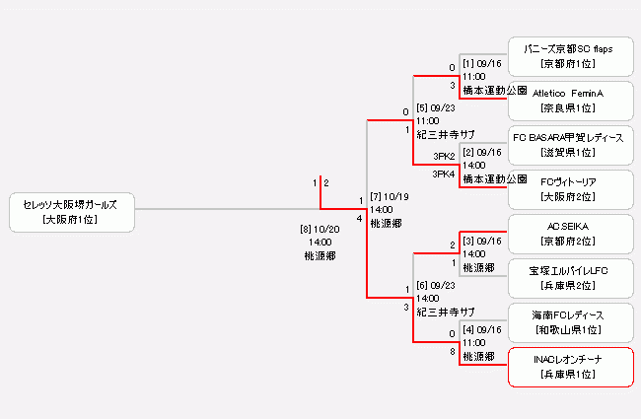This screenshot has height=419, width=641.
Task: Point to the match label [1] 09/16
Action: click(482, 64)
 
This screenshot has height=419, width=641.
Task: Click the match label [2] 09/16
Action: click(482, 154)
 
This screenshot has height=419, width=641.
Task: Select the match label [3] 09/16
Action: click(482, 242)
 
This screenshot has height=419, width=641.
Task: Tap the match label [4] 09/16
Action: click(482, 330)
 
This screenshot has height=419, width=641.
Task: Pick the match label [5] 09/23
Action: click(436, 108)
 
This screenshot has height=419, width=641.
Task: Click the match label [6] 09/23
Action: click(436, 286)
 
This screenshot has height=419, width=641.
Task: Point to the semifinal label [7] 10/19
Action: click(389, 197)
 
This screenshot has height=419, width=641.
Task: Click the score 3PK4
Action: click(444, 175)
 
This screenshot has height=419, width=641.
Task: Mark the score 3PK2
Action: click(444, 156)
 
